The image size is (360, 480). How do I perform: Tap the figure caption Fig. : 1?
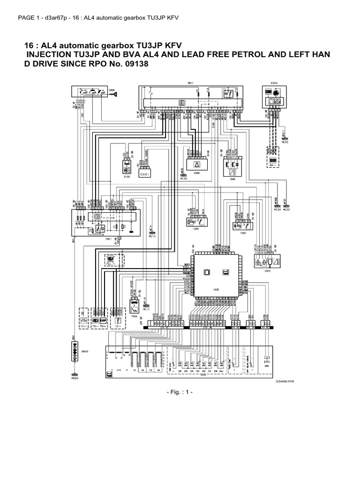point(180,391)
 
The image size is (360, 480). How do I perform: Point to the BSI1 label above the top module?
point(190,83)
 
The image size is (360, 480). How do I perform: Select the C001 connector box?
point(144,174)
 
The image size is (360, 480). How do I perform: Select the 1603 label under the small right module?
point(266,270)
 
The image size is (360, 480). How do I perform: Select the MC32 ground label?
point(287,210)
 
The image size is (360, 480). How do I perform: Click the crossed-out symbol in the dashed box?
point(112,259)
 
